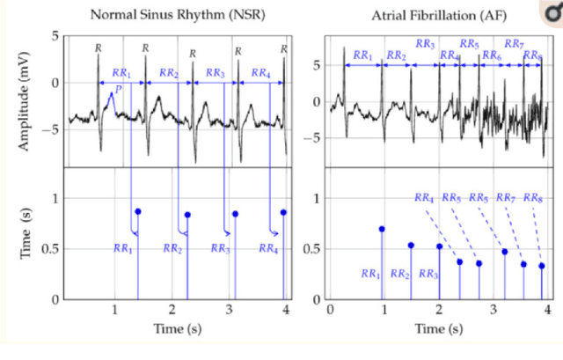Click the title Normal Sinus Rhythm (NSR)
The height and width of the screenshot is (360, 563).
click(x=179, y=15)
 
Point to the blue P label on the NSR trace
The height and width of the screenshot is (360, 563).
click(x=116, y=89)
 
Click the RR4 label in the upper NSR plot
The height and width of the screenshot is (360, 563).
click(x=261, y=72)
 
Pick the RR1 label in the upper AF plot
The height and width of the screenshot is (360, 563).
click(x=363, y=55)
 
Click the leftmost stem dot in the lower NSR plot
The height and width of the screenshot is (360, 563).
click(x=138, y=211)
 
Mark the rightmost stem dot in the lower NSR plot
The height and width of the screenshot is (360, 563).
click(x=283, y=212)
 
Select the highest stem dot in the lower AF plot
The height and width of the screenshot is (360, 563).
click(x=382, y=229)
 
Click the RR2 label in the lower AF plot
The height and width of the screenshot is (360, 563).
click(x=400, y=275)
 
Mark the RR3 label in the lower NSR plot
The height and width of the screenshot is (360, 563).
click(x=221, y=250)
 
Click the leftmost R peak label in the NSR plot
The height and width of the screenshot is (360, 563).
click(x=99, y=47)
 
